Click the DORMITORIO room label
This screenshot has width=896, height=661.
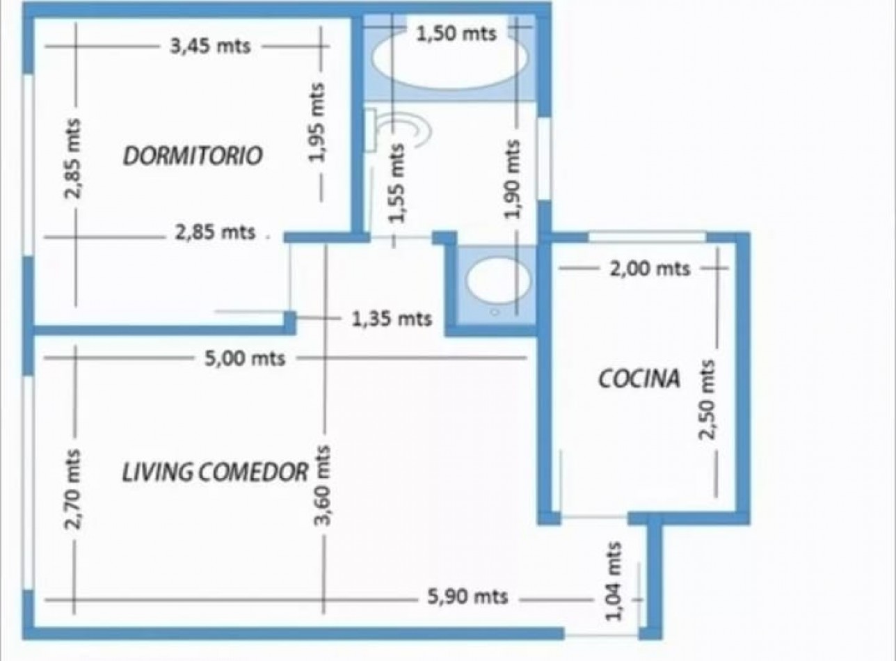pyautogui.click(x=193, y=156)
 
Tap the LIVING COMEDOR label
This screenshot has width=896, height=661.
pyautogui.click(x=215, y=472)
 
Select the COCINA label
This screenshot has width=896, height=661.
pyautogui.click(x=639, y=378)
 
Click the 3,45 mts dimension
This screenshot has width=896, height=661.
pyautogui.click(x=210, y=47)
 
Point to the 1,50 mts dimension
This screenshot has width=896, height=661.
pyautogui.click(x=456, y=33)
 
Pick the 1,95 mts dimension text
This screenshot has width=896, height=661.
pyautogui.click(x=317, y=122)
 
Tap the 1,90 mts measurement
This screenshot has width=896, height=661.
pyautogui.click(x=512, y=179)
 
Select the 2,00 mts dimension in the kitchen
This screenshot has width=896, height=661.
pyautogui.click(x=650, y=269)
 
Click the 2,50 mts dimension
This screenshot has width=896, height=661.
pyautogui.click(x=706, y=399)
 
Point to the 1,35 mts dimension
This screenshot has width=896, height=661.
pyautogui.click(x=392, y=319)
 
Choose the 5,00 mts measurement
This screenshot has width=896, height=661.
pyautogui.click(x=245, y=358)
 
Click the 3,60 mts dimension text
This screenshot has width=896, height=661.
pyautogui.click(x=322, y=486)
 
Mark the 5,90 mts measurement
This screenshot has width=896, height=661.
pyautogui.click(x=467, y=596)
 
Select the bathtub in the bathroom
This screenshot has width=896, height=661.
pyautogui.click(x=449, y=65)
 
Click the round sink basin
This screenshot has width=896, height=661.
pyautogui.click(x=498, y=280)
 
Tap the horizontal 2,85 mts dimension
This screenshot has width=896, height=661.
pyautogui.click(x=215, y=232)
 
